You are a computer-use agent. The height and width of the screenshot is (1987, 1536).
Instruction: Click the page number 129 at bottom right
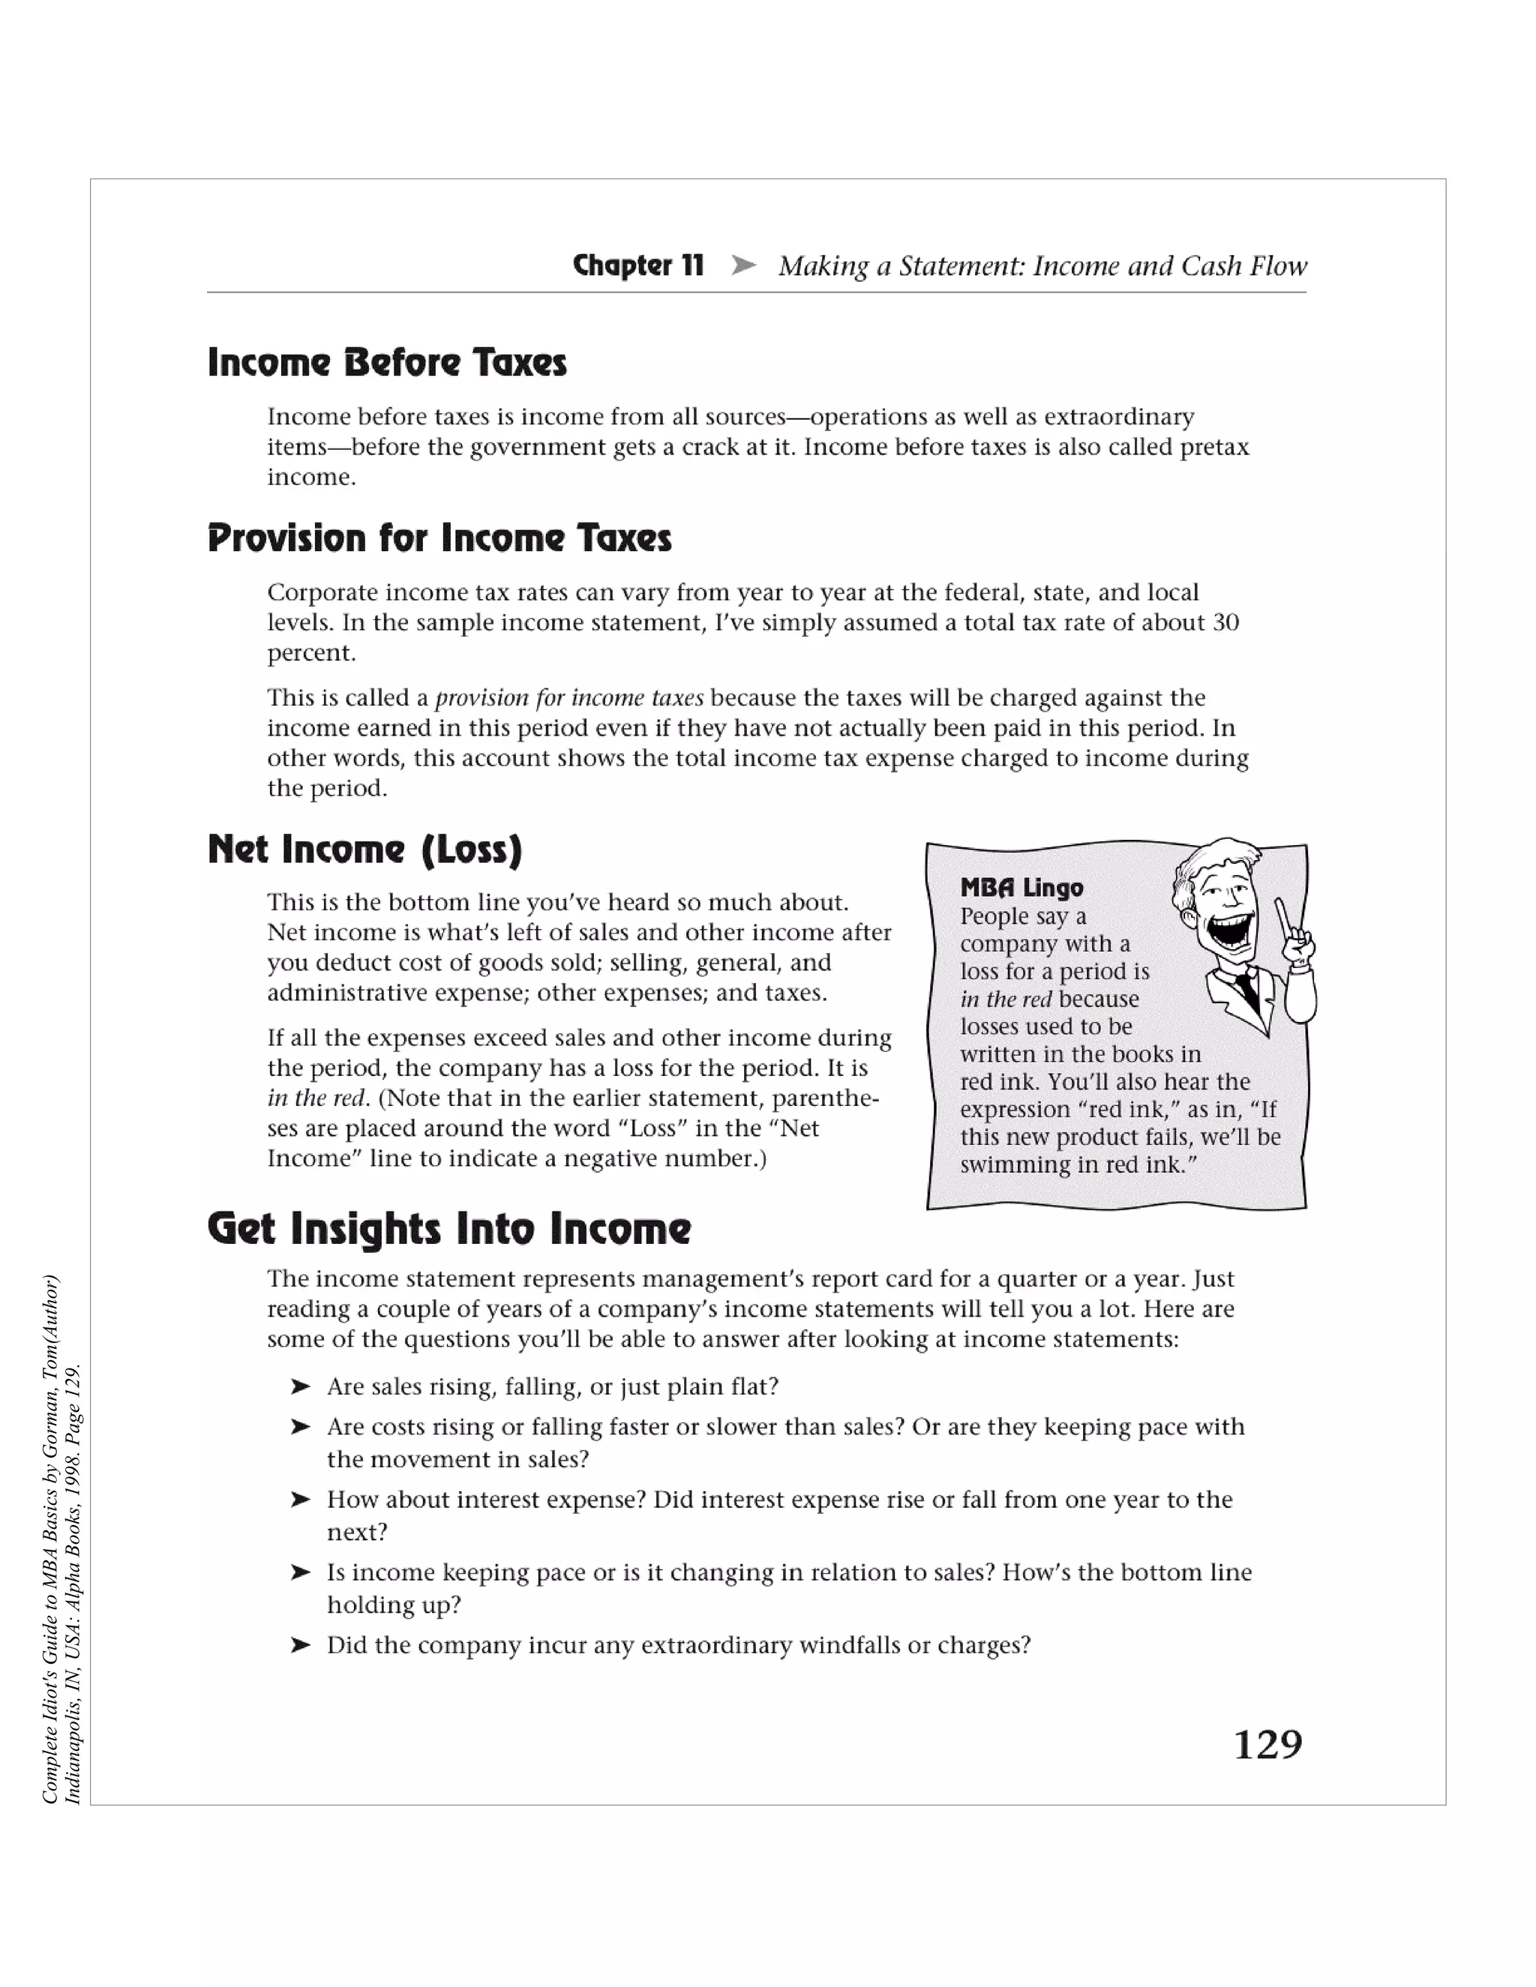pos(1267,1744)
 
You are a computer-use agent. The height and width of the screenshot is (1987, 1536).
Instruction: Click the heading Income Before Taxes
pos(387,362)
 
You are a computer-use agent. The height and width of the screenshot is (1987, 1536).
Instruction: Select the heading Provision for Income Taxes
pos(439,538)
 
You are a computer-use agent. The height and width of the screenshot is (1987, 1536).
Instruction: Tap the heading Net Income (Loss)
pos(365,849)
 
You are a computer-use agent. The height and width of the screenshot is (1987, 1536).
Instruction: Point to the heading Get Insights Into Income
pos(448,1228)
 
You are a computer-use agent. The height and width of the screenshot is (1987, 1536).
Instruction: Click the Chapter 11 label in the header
pos(638,265)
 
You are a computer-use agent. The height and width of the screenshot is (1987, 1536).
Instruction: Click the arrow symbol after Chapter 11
pos(743,265)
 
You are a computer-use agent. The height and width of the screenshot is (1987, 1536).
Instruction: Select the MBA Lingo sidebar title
pos(1021,887)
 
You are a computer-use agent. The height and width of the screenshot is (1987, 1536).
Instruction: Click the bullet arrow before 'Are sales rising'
pos(300,1386)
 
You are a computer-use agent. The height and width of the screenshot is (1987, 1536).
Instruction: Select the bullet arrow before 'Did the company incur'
pos(300,1645)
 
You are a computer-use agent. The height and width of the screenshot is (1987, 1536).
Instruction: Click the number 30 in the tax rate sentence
pos(1225,622)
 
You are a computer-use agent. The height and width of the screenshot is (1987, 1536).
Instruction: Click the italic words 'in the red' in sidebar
pos(1006,999)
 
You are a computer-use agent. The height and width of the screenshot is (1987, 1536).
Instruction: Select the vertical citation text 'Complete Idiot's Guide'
pos(51,1692)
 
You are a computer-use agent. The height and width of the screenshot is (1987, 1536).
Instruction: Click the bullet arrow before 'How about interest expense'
pos(300,1500)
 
